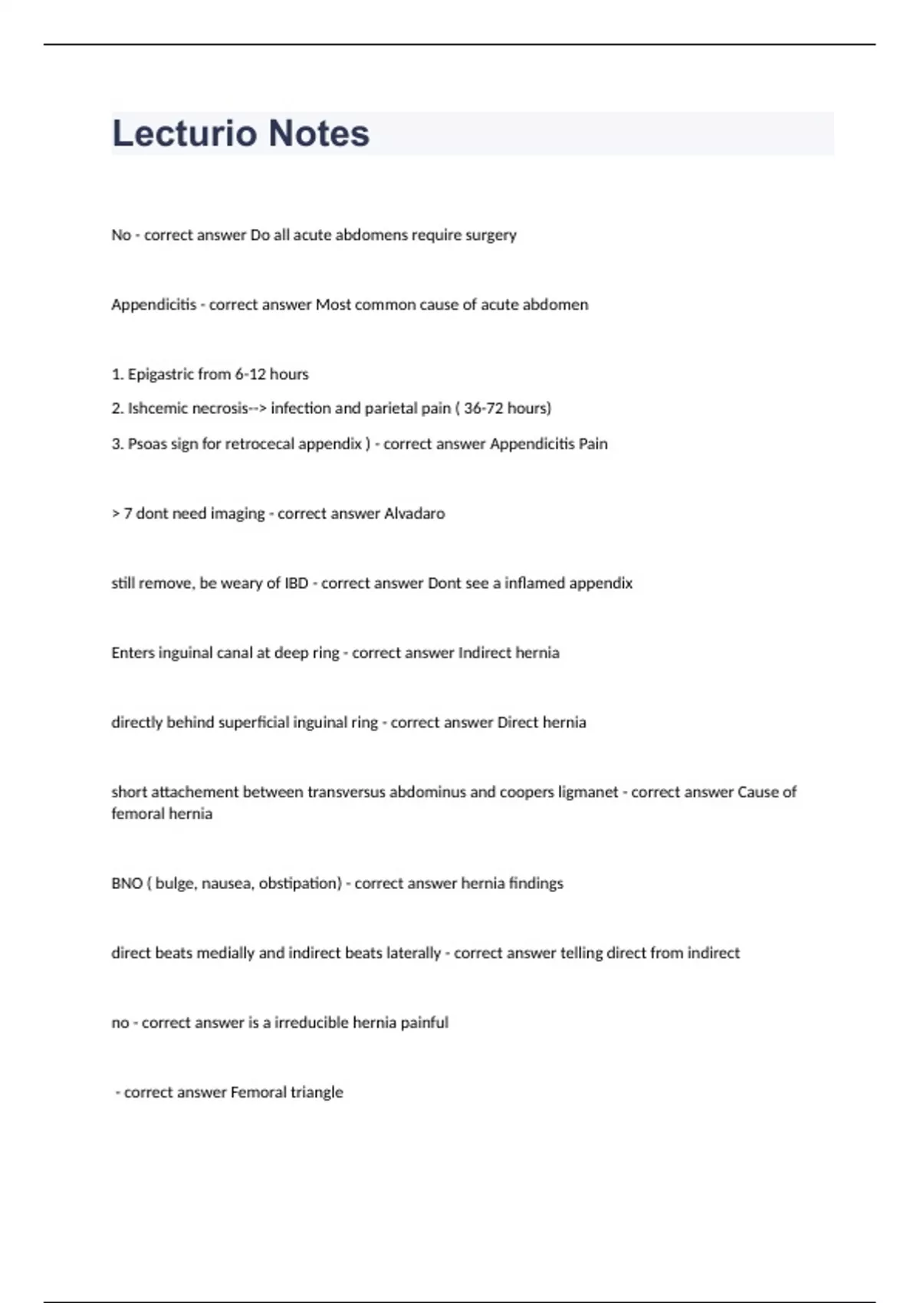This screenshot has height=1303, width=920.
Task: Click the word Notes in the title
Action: (x=319, y=133)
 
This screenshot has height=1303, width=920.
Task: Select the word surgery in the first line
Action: (x=491, y=235)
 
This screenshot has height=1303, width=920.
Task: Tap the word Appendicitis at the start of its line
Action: (x=153, y=305)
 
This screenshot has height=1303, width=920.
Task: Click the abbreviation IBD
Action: (x=296, y=583)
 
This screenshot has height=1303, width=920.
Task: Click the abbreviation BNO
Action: (x=127, y=884)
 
